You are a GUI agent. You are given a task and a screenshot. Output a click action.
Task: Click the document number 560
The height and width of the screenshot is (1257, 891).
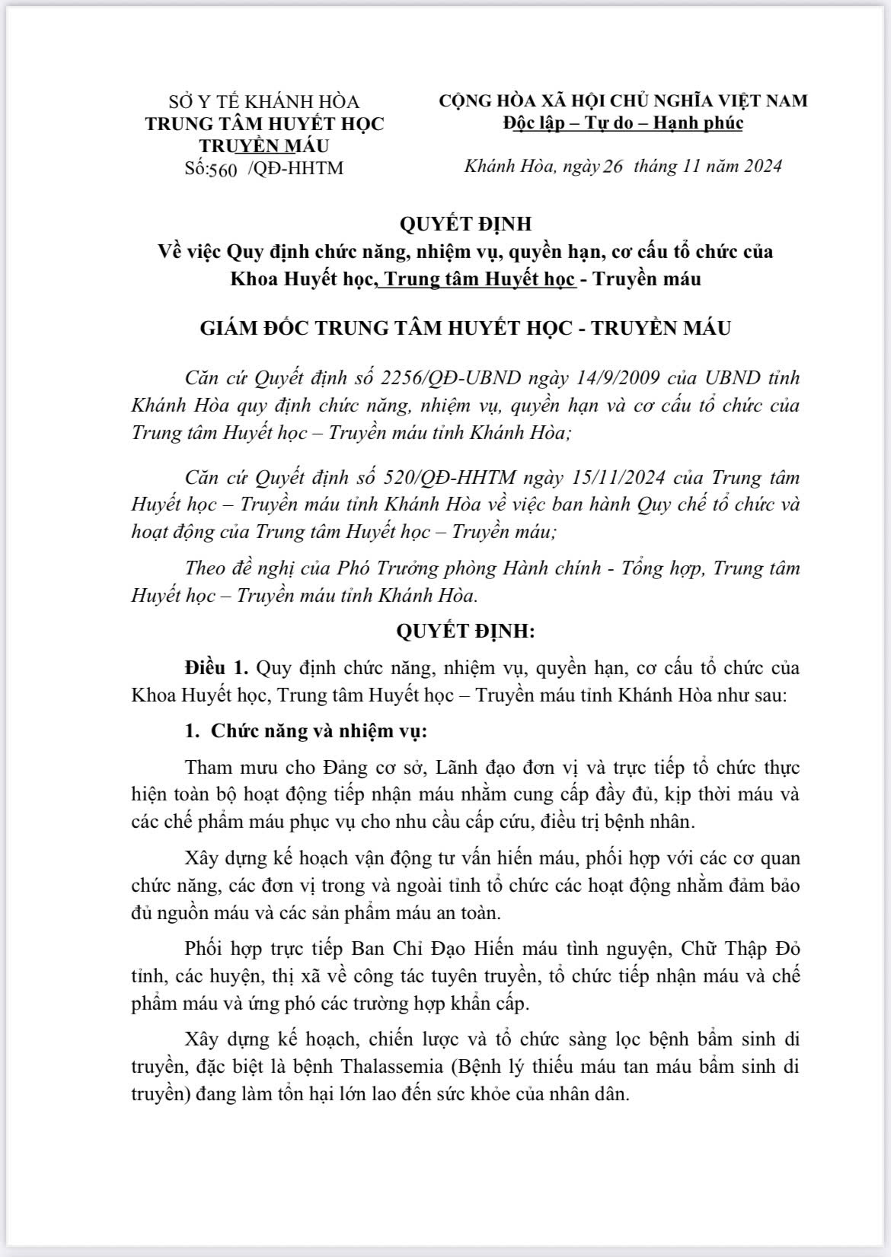[222, 169]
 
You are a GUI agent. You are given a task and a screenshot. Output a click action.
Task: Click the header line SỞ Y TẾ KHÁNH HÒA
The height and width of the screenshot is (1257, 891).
[264, 101]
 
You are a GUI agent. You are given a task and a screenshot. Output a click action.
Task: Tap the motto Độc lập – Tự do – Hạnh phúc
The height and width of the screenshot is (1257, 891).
[623, 123]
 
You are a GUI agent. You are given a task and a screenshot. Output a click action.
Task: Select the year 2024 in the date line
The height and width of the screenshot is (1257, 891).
[755, 167]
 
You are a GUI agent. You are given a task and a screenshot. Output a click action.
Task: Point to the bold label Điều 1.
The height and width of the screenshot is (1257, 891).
[217, 668]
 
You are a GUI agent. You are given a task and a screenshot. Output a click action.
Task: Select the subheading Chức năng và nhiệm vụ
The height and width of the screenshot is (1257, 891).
[319, 731]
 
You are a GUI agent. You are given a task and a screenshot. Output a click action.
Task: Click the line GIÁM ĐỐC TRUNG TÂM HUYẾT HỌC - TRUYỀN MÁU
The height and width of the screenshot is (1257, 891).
[465, 328]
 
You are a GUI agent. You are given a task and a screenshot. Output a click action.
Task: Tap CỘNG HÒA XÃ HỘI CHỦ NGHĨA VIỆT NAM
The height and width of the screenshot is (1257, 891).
[623, 100]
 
